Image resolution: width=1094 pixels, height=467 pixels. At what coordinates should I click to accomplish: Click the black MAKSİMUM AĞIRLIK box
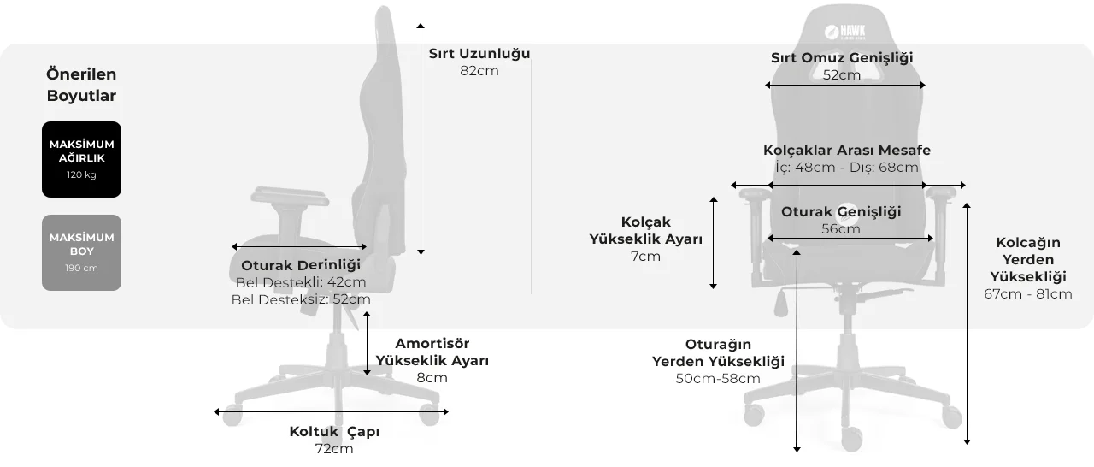[81, 159]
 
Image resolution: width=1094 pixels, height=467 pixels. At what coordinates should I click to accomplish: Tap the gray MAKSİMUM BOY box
[81, 252]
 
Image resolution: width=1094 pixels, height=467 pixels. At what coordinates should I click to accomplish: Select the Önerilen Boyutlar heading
[81, 85]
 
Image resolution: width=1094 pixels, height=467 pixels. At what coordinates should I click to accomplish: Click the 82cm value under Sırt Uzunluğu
[479, 71]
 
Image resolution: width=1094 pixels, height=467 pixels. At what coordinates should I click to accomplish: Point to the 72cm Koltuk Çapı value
[334, 449]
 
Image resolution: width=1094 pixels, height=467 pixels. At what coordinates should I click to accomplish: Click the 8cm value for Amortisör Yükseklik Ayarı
[432, 377]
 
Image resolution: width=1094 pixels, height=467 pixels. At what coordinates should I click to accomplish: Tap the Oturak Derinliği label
[301, 265]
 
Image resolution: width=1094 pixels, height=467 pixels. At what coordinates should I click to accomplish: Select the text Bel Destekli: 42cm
[301, 282]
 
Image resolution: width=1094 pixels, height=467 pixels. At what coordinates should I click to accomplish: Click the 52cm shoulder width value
[842, 75]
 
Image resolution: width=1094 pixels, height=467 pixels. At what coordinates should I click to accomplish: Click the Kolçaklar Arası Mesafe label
[847, 150]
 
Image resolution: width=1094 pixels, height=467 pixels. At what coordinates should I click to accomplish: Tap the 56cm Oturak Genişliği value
[841, 229]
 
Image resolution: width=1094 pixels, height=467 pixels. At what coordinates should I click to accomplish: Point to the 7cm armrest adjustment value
[645, 257]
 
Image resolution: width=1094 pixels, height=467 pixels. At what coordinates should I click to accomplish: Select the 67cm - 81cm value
[1028, 294]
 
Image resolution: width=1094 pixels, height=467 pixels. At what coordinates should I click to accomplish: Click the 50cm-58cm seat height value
[718, 379]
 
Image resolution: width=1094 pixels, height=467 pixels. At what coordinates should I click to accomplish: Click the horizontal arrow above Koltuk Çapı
[331, 411]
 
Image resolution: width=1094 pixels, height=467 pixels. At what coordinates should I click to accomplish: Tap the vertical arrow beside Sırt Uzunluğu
[421, 139]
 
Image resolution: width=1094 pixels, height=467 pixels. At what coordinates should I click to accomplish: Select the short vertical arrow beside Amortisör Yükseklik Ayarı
[367, 344]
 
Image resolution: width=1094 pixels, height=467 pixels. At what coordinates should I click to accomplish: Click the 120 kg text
[81, 174]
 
